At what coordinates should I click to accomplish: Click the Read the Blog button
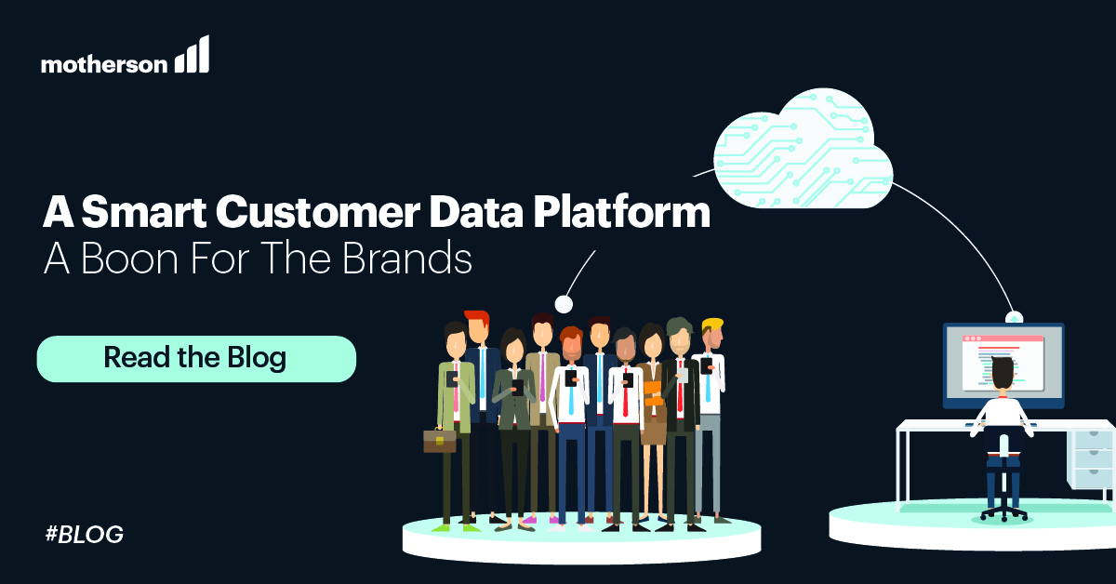tap(195, 358)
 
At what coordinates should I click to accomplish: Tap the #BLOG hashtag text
tap(84, 535)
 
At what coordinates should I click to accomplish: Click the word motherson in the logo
tap(104, 63)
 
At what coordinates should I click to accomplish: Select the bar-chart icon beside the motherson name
tap(193, 56)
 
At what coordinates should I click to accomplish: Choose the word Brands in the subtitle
tap(412, 259)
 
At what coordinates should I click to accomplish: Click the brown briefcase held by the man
tap(439, 439)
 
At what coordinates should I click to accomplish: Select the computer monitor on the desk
tap(1003, 365)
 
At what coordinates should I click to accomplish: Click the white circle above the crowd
tap(563, 303)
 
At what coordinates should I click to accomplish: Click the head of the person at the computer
tap(1003, 373)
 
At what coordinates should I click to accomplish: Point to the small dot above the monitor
tap(1016, 317)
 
